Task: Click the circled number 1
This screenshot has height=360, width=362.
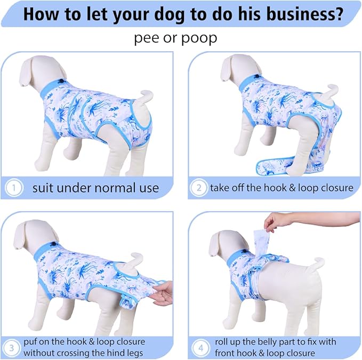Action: (x=14, y=188)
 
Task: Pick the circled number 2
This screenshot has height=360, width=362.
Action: (x=199, y=188)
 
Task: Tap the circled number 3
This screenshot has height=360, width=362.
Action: (x=11, y=348)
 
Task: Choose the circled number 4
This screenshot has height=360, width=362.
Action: (x=201, y=348)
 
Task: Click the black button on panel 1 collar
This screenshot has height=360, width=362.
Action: (x=62, y=81)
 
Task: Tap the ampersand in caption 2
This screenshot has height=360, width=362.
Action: (x=292, y=188)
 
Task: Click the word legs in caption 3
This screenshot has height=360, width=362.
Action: (x=135, y=354)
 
